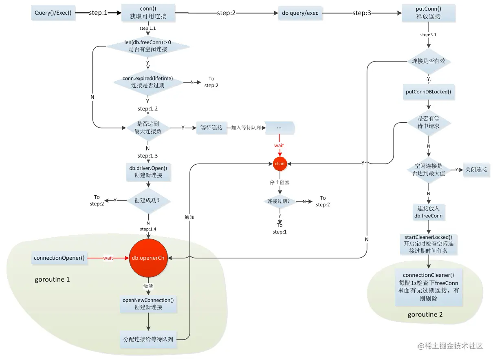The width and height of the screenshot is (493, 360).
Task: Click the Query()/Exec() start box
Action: (x=53, y=13)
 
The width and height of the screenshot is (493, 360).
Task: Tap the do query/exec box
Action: (x=300, y=13)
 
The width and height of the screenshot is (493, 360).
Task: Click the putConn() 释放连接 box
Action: (x=428, y=13)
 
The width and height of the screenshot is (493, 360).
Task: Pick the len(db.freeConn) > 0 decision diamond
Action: (x=148, y=46)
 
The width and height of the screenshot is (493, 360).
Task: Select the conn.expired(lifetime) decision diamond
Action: (x=147, y=82)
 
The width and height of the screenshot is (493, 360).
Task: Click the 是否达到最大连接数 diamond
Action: (x=148, y=128)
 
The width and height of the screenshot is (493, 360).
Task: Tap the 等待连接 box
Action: (x=211, y=128)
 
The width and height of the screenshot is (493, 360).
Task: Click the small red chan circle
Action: (x=280, y=163)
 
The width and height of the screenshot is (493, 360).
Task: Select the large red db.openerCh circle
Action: (x=147, y=258)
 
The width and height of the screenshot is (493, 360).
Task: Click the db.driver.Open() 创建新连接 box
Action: (x=148, y=171)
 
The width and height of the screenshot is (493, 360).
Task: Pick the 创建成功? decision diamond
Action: (x=148, y=201)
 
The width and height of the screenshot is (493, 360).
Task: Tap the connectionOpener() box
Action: (x=59, y=258)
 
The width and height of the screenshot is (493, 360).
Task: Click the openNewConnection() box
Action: (x=148, y=303)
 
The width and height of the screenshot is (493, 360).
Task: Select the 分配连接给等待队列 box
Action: (x=148, y=339)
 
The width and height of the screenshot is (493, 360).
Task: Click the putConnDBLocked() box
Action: (x=428, y=92)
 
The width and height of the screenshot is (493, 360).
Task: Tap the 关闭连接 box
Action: (x=476, y=170)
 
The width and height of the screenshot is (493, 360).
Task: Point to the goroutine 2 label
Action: (x=425, y=315)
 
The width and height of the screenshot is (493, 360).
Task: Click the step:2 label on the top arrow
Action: (x=226, y=13)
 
